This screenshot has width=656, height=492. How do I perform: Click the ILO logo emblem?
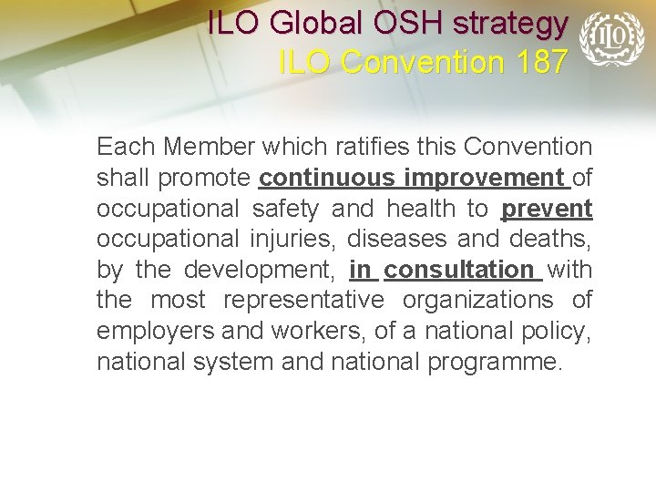coord(611,38)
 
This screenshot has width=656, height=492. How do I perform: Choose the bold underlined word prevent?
coord(547,209)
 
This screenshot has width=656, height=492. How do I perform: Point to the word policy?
coord(559,331)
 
